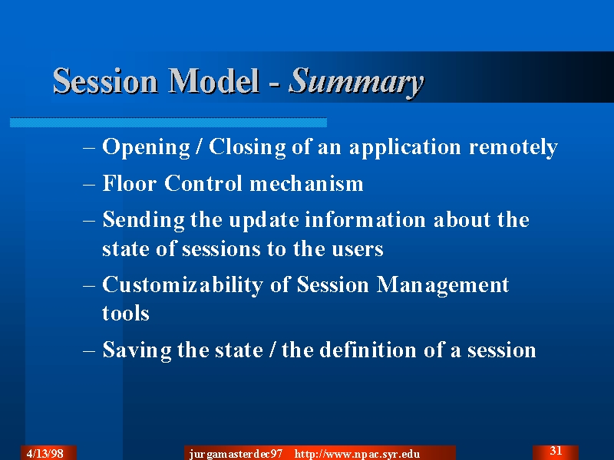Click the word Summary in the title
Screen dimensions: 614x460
(356, 82)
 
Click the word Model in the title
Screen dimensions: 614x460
(214, 80)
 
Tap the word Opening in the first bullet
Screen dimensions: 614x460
(146, 148)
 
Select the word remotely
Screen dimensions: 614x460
(513, 148)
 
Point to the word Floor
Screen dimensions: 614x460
(129, 183)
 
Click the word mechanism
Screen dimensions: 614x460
(306, 183)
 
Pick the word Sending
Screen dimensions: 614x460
(144, 220)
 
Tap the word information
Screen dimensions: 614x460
(365, 219)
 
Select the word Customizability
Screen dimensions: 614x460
(183, 285)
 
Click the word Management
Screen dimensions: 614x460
(443, 285)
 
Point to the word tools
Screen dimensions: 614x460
(126, 314)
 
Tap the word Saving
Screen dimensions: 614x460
(137, 350)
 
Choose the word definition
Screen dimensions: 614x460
(348, 350)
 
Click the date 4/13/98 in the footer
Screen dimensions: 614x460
(45, 454)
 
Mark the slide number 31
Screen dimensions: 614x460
(556, 451)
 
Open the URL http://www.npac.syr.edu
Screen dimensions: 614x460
(357, 455)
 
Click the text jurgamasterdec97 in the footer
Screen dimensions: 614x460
(236, 455)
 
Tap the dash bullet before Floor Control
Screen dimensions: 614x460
(89, 184)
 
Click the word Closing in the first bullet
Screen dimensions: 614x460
(247, 148)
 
